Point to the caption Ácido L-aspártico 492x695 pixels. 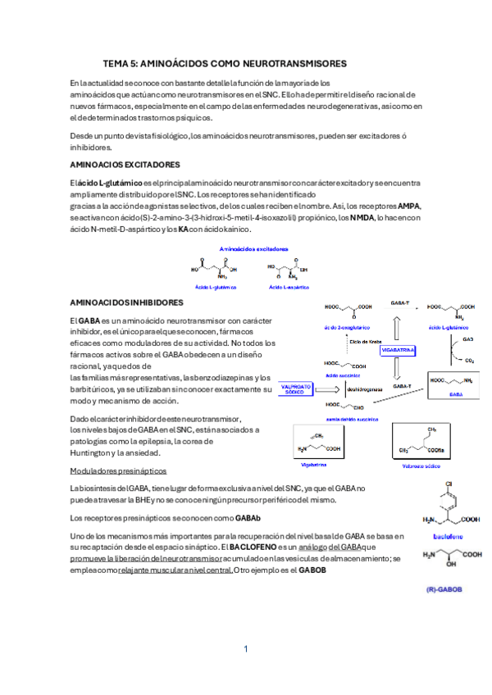pyautogui.click(x=287, y=288)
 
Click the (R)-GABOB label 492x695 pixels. pyautogui.click(x=444, y=589)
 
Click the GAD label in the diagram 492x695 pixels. pyautogui.click(x=467, y=338)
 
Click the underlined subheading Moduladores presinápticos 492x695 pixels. pyautogui.click(x=119, y=471)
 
